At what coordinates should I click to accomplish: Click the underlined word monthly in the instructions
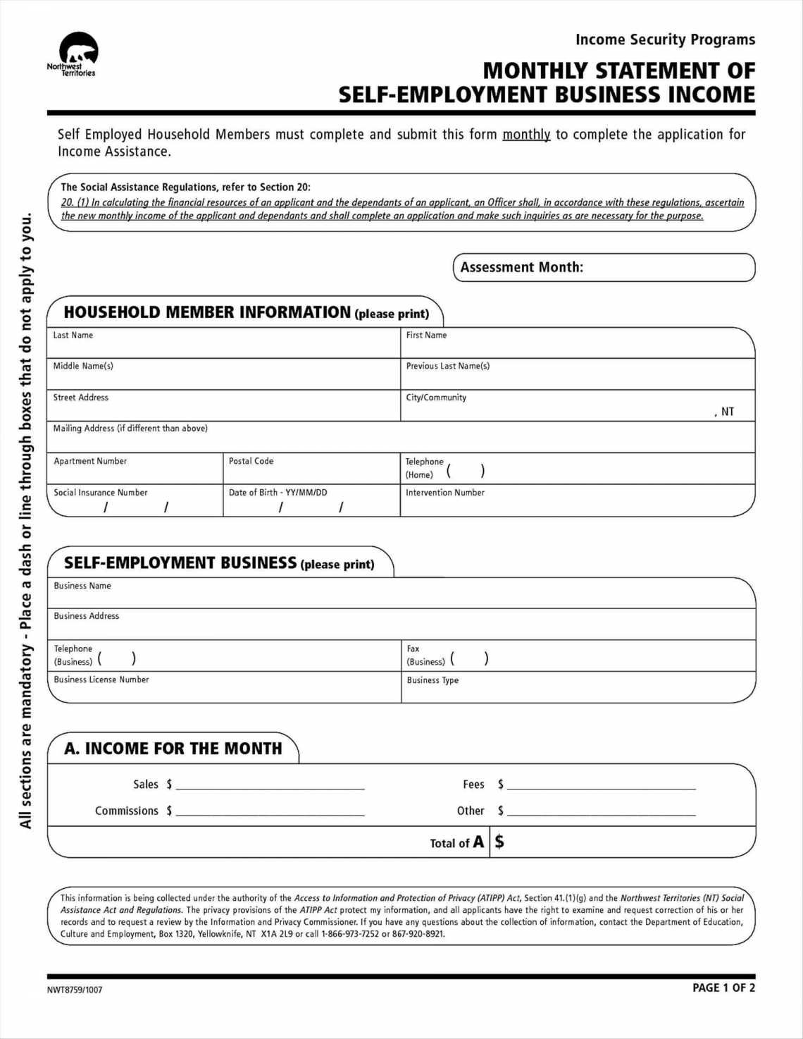(525, 135)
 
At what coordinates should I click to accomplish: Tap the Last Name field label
(73, 336)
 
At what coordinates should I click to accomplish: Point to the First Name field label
(426, 336)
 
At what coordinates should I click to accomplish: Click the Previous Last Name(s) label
(447, 367)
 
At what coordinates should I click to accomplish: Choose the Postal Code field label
(251, 461)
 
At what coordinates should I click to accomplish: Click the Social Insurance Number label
(101, 493)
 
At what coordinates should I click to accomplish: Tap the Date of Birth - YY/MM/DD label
(278, 493)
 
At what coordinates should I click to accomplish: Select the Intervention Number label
(444, 493)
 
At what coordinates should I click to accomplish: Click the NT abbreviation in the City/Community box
(727, 412)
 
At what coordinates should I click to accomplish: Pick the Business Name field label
(82, 586)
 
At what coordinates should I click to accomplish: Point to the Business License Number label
(101, 680)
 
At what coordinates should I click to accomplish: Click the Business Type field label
(432, 680)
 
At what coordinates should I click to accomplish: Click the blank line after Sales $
(270, 785)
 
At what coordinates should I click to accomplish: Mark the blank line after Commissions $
(270, 811)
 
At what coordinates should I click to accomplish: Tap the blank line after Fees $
(602, 785)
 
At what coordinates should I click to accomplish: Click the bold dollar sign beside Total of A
(499, 842)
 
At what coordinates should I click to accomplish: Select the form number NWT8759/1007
(75, 990)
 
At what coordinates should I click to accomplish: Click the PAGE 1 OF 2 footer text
(723, 988)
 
